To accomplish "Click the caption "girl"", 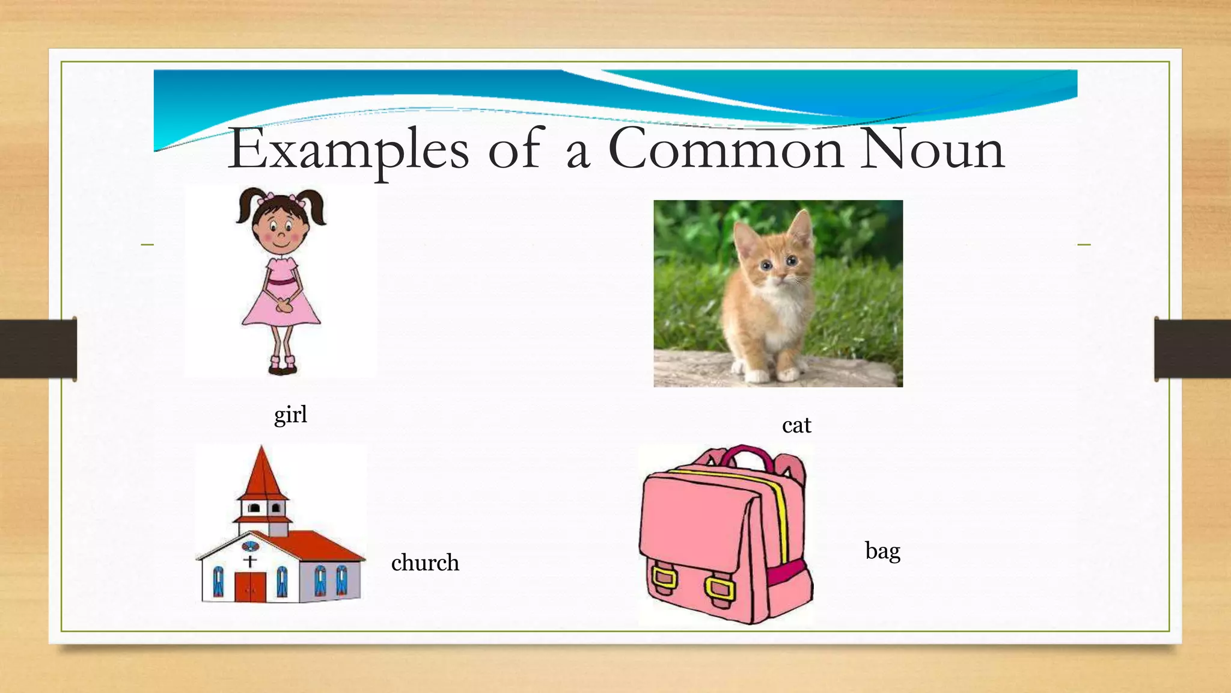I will (x=290, y=414).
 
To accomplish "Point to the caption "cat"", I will (x=796, y=425).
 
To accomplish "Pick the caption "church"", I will (x=425, y=562).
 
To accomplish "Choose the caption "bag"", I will (x=882, y=551).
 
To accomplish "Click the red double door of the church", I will (x=250, y=587).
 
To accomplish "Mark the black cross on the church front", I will (x=250, y=561).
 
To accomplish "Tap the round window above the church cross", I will (x=250, y=547).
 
